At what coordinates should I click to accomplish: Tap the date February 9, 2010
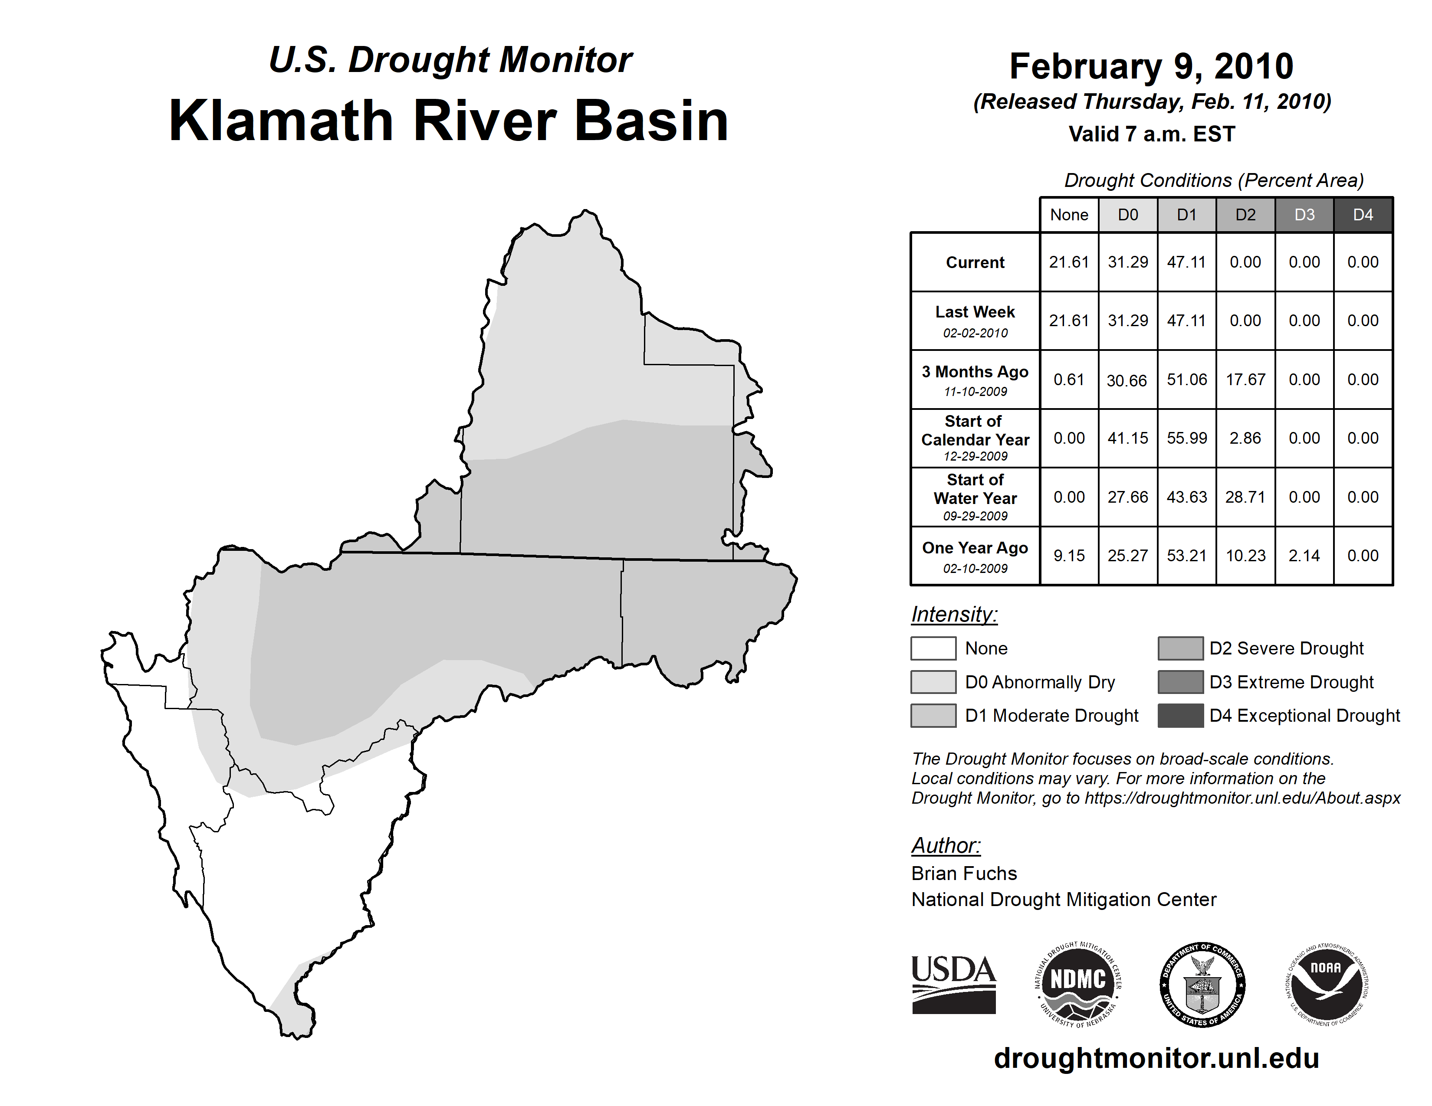coord(1151,66)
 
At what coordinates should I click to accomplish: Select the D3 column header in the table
coord(1304,215)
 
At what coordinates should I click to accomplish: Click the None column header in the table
coord(1069,215)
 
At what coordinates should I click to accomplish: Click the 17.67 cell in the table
coord(1245,380)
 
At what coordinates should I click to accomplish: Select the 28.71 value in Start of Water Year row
coord(1245,497)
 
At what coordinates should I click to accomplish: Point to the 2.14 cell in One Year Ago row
coord(1304,556)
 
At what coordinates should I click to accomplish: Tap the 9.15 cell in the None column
coord(1069,556)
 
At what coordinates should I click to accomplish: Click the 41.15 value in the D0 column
coord(1128,438)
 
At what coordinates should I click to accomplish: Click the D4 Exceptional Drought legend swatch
coord(1180,716)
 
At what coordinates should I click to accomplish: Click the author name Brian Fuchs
coord(964,874)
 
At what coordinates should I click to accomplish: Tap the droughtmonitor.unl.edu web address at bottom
coord(1156,1058)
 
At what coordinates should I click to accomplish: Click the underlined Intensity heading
coord(954,615)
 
